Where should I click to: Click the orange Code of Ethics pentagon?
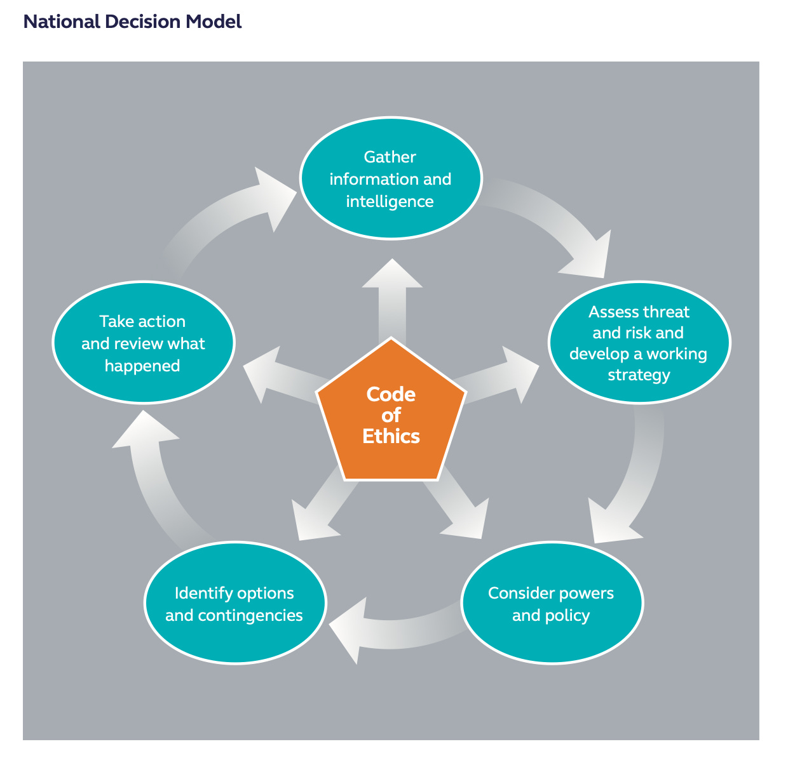391,413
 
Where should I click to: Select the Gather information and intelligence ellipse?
390,179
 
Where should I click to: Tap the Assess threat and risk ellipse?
639,343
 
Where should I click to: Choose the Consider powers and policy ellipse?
552,603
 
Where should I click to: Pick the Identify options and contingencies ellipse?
235,603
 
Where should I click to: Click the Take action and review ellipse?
143,343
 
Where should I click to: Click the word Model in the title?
214,22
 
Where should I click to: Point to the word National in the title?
62,22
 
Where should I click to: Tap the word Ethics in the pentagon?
391,436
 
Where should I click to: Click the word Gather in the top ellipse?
390,157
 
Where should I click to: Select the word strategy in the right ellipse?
639,375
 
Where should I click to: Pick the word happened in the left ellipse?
142,366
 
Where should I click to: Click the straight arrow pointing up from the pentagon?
391,298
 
